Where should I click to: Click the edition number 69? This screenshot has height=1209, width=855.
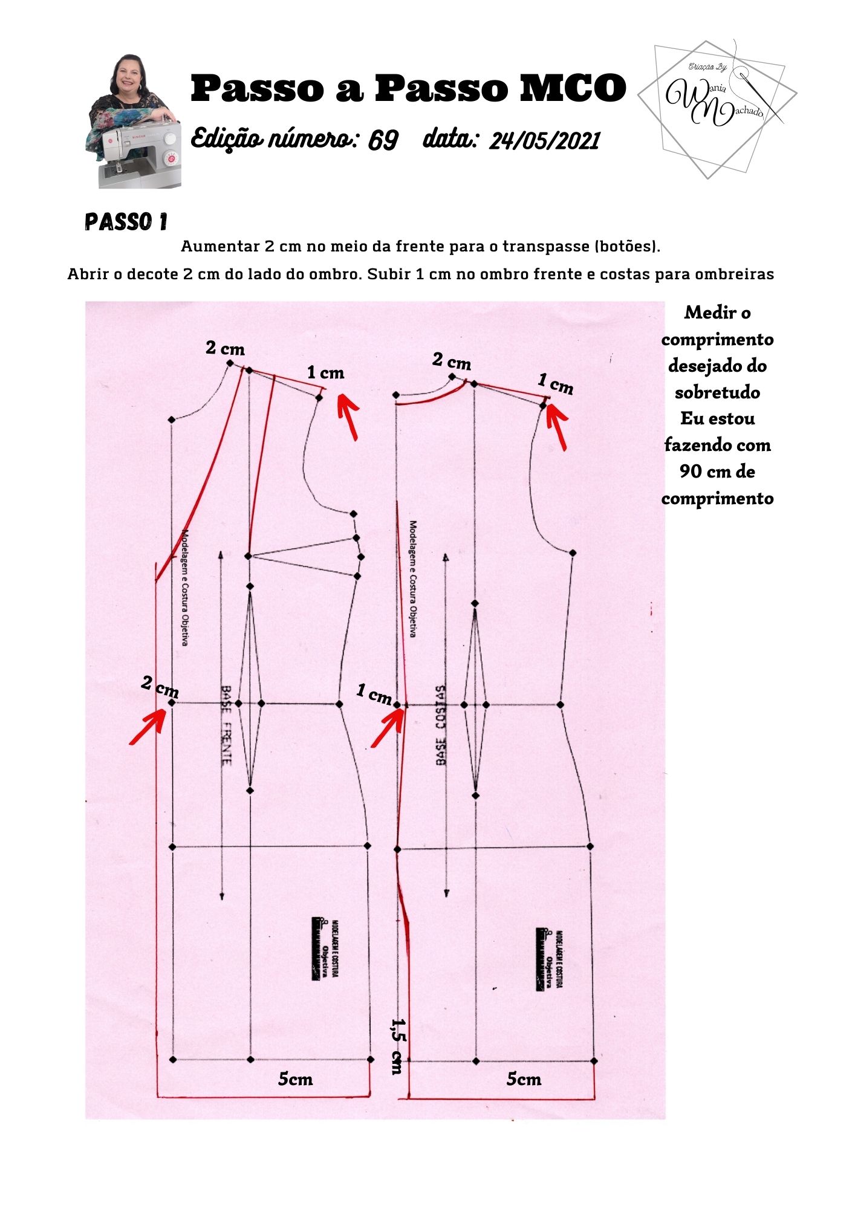pyautogui.click(x=383, y=140)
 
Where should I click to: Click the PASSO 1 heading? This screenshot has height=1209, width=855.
pyautogui.click(x=126, y=222)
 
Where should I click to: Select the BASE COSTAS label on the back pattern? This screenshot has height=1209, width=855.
pyautogui.click(x=441, y=725)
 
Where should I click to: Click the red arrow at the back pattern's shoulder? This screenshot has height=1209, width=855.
pyautogui.click(x=557, y=425)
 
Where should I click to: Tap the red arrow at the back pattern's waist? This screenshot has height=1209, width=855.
pyautogui.click(x=387, y=728)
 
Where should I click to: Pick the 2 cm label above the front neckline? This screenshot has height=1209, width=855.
pyautogui.click(x=225, y=348)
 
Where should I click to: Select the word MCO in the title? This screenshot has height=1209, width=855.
pyautogui.click(x=573, y=88)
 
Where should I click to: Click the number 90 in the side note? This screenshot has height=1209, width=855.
pyautogui.click(x=691, y=472)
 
